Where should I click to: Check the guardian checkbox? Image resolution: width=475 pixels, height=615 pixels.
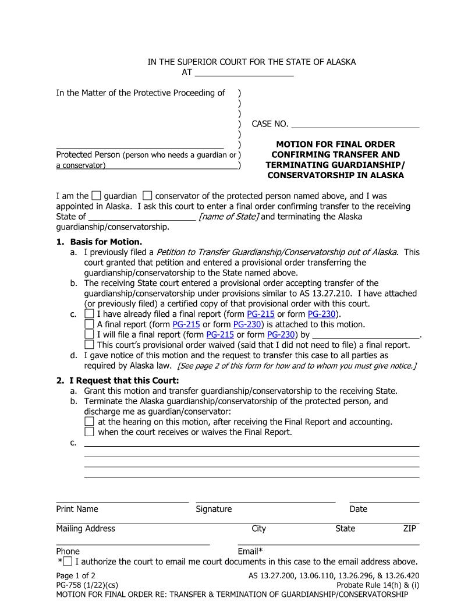97,196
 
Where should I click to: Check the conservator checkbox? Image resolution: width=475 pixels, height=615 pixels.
147,196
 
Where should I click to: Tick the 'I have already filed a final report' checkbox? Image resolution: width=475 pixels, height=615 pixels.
89,314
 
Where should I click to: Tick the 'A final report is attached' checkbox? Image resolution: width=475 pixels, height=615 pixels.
89,324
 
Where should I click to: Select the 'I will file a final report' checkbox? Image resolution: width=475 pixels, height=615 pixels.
89,335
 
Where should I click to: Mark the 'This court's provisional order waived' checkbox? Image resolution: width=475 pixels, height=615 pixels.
89,345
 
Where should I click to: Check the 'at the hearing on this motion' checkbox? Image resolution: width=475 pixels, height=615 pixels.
89,422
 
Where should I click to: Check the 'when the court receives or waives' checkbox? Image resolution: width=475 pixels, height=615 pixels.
89,432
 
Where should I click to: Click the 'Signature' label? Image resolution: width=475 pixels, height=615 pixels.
214,509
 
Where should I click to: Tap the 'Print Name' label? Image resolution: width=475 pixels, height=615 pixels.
77,509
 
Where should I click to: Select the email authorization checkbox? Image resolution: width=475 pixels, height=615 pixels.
68,561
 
